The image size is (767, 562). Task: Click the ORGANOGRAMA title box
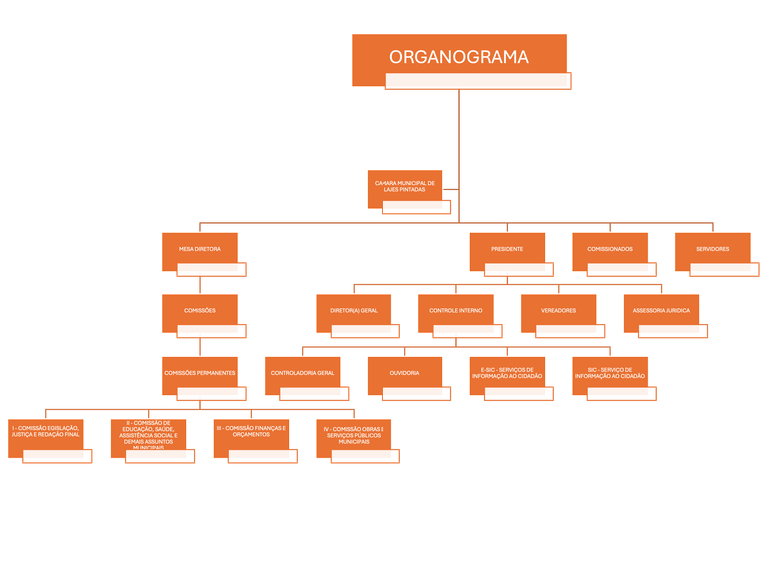click(458, 58)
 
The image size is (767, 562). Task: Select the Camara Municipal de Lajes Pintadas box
click(404, 188)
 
